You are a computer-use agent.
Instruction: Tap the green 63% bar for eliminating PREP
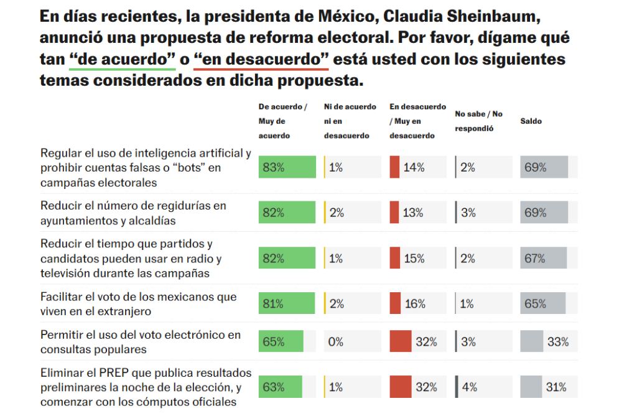click(281, 387)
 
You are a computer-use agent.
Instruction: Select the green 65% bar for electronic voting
click(281, 342)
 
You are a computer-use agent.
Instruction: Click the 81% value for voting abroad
click(273, 304)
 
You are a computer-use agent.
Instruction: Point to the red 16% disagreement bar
click(395, 304)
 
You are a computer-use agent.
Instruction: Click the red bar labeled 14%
click(394, 167)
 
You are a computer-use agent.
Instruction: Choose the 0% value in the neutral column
click(336, 342)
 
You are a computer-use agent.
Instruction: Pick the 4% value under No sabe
click(470, 387)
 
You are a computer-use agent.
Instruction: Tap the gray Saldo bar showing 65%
click(542, 304)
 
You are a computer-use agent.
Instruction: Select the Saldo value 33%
click(557, 342)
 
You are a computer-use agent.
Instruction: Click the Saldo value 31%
click(556, 387)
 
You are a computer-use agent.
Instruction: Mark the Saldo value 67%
click(535, 259)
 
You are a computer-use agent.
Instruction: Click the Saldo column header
click(531, 121)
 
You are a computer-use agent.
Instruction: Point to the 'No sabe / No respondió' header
click(478, 121)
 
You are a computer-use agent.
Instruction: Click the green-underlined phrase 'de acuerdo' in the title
click(122, 60)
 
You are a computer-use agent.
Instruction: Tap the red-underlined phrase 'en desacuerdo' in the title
click(261, 60)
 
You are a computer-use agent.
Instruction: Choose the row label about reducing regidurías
click(133, 213)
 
